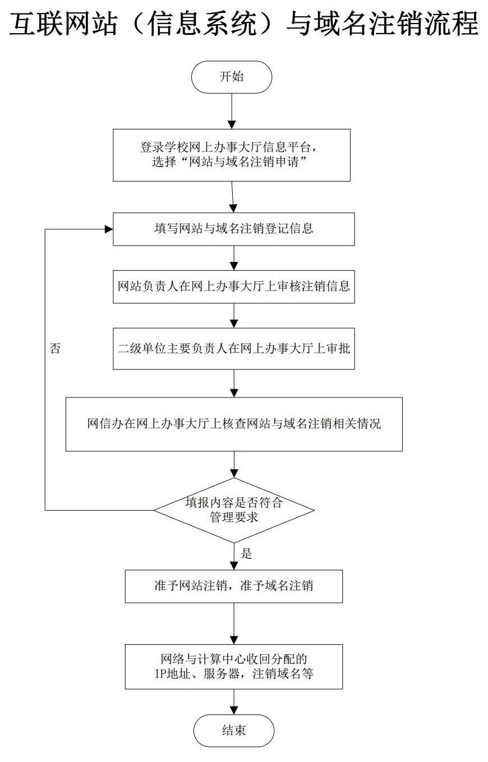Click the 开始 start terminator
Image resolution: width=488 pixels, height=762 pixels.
tap(232, 77)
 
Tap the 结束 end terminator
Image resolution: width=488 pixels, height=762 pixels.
tap(233, 730)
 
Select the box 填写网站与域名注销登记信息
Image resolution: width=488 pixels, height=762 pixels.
tap(234, 229)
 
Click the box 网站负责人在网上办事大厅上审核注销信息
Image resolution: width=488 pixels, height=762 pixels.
tap(234, 287)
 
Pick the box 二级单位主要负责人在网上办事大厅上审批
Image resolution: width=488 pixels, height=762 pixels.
tap(234, 348)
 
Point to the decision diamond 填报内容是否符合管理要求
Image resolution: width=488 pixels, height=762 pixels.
tap(234, 510)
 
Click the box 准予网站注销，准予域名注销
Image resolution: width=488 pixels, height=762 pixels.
tap(234, 586)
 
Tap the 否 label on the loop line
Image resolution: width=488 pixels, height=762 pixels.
tap(55, 348)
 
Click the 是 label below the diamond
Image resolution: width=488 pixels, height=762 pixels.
tap(246, 553)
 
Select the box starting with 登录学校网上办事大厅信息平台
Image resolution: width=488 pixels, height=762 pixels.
tap(232, 155)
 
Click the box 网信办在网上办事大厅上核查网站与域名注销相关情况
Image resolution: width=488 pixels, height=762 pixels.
tap(234, 424)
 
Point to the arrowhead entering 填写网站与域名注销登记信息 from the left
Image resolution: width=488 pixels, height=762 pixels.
tap(109, 229)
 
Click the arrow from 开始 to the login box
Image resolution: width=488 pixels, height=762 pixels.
tap(232, 111)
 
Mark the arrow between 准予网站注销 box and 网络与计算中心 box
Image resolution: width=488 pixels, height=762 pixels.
tap(234, 624)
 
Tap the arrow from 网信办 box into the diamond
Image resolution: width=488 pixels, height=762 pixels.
tap(234, 464)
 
